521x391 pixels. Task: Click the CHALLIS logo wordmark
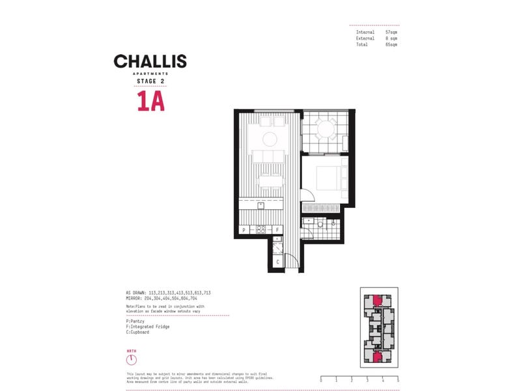[150, 62]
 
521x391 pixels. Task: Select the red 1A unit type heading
[150, 102]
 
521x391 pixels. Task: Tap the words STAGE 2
[150, 82]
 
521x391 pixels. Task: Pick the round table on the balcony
[325, 129]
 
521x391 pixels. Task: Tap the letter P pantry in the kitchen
[244, 229]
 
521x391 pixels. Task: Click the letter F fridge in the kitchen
[277, 229]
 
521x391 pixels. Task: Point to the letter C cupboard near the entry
[277, 262]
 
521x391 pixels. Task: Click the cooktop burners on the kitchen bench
[260, 229]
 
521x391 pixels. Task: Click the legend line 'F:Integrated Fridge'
[148, 326]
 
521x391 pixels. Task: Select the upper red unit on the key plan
[377, 300]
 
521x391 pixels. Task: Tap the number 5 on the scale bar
[397, 379]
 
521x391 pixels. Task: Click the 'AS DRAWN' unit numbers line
[167, 293]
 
